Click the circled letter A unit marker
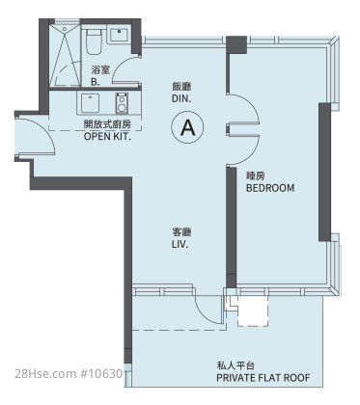187,127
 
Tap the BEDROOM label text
270,188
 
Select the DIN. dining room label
181,98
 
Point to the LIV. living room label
180,244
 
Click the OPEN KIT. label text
107,136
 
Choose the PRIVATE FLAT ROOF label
263,378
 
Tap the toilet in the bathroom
95,41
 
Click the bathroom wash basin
119,35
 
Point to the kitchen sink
90,103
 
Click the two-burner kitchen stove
122,103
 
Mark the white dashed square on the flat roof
253,310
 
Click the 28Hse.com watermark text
69,373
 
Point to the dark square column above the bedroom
236,44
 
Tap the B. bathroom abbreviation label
96,82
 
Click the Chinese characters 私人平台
235,365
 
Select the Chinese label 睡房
256,175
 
